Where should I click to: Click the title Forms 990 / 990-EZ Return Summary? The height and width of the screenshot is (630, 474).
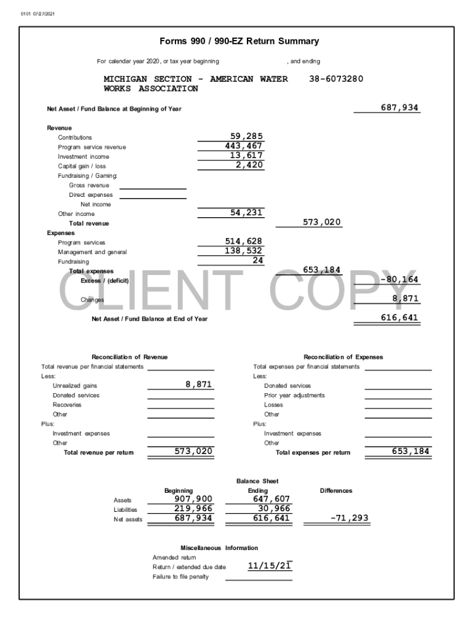point(239,42)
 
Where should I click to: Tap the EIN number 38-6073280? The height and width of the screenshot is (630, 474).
point(335,79)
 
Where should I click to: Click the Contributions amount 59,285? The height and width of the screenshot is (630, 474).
point(246,137)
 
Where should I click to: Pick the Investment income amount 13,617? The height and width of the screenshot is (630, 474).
point(246,156)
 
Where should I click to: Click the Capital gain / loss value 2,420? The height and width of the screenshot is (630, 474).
point(249,165)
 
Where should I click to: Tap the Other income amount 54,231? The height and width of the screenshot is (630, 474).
point(246,213)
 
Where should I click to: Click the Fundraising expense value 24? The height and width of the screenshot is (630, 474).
point(257,260)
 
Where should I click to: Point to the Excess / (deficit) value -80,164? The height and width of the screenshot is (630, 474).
point(399,279)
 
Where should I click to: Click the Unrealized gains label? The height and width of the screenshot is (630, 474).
point(74,386)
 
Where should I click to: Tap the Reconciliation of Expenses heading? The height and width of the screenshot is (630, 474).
point(343,357)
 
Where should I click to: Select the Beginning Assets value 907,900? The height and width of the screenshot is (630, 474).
point(193,499)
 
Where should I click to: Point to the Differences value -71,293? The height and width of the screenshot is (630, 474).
point(349,518)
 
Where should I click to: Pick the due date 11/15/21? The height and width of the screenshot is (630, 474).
point(269,566)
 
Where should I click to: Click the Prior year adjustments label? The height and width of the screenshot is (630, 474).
point(294,395)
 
